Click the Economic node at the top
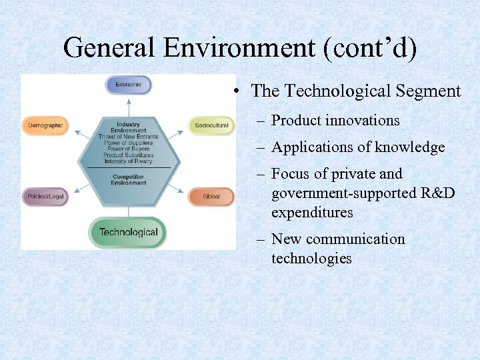click(x=129, y=85)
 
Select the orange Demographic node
click(x=45, y=125)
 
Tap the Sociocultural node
click(x=211, y=125)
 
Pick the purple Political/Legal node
click(x=45, y=197)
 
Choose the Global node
click(x=211, y=197)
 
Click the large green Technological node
click(x=128, y=232)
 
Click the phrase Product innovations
click(x=335, y=121)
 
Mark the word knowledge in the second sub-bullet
click(x=409, y=147)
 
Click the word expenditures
click(x=312, y=213)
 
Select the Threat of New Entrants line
click(x=129, y=137)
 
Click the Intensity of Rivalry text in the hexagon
click(x=129, y=161)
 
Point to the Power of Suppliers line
click(x=129, y=143)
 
